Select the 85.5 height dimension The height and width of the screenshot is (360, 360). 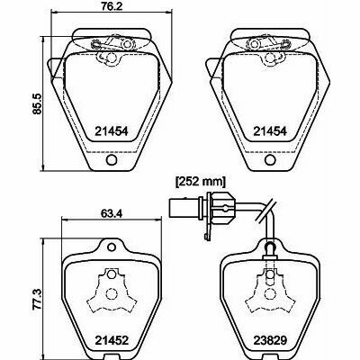point(38,103)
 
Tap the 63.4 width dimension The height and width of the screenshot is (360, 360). point(111,214)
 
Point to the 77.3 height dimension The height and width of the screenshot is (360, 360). point(38,299)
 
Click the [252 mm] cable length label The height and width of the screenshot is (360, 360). point(201,182)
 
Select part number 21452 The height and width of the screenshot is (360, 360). point(112,340)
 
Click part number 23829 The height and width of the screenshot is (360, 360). point(270,340)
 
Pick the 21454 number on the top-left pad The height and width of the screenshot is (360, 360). point(112,131)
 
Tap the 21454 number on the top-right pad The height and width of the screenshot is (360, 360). point(270,131)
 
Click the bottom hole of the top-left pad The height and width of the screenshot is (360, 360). point(112,159)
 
